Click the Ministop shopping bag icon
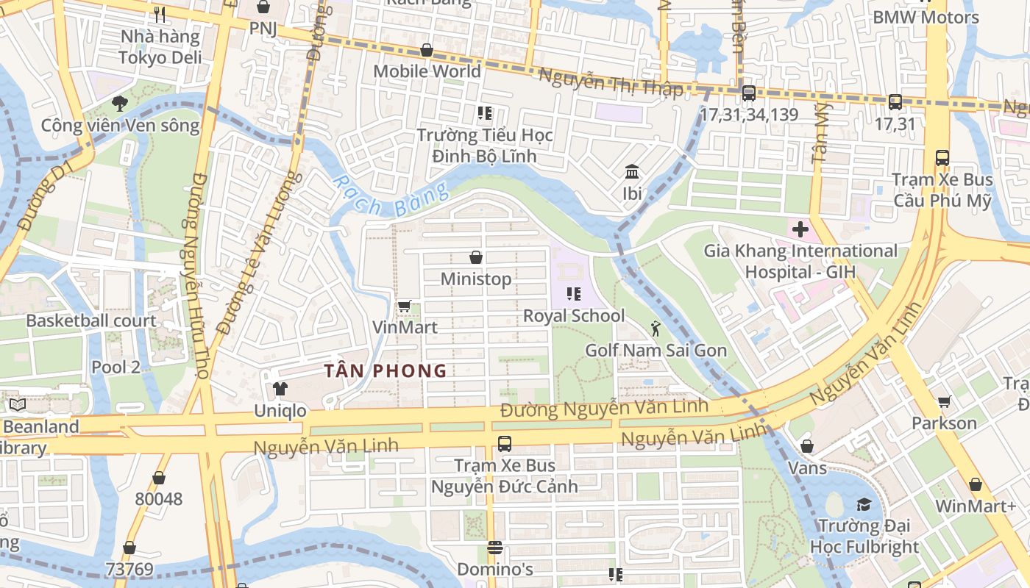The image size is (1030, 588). (x=476, y=257)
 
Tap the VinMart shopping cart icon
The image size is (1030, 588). (x=404, y=306)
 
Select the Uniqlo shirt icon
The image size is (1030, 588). (x=280, y=388)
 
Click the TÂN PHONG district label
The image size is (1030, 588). (x=387, y=371)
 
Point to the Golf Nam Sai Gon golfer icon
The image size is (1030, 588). (x=656, y=329)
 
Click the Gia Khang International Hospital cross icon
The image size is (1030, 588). (x=800, y=229)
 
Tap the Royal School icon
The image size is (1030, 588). (x=574, y=294)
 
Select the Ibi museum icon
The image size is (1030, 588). (x=631, y=172)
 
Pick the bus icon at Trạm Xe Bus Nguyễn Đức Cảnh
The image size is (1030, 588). (x=504, y=443)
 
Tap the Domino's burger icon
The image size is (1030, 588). (x=494, y=548)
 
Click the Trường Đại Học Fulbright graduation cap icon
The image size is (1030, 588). (x=864, y=504)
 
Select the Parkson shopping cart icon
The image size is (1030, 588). (x=944, y=401)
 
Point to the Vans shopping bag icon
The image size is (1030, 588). (x=807, y=446)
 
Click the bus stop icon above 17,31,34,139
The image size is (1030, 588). (x=748, y=93)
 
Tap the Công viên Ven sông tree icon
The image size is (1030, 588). (x=119, y=104)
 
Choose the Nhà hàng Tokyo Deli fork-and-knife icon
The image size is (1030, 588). (x=160, y=14)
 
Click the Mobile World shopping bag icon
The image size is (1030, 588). (x=426, y=50)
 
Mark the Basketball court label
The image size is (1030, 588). (x=91, y=320)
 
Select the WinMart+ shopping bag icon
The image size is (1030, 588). (x=975, y=484)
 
